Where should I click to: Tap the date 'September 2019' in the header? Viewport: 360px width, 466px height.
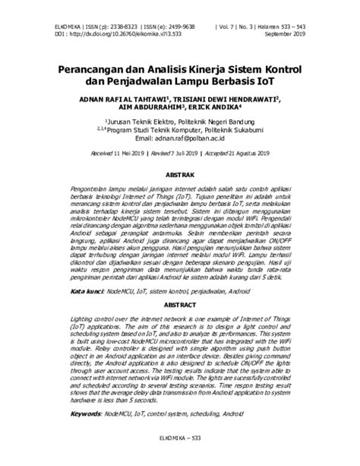pos(283,34)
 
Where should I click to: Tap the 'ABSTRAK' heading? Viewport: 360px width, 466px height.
pos(179,174)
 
